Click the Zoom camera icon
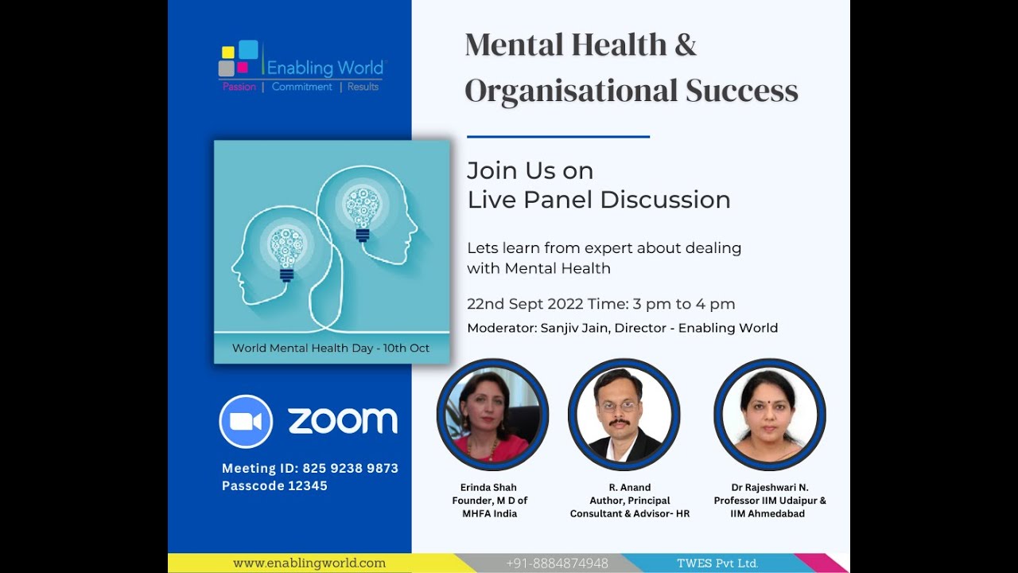pos(246,421)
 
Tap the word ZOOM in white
pos(343,421)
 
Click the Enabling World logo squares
pos(238,58)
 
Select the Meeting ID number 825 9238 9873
pos(350,468)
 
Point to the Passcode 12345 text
pos(274,485)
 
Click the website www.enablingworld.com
pos(309,563)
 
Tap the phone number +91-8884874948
pos(557,563)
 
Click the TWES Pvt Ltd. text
pos(717,563)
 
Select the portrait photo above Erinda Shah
pos(492,415)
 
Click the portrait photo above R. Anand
pos(624,415)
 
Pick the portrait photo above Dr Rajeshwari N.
pos(769,415)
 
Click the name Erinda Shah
pos(489,487)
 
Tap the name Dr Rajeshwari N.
pos(770,487)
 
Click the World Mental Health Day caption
pos(331,348)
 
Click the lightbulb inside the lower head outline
pos(286,251)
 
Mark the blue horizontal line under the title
pos(558,137)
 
